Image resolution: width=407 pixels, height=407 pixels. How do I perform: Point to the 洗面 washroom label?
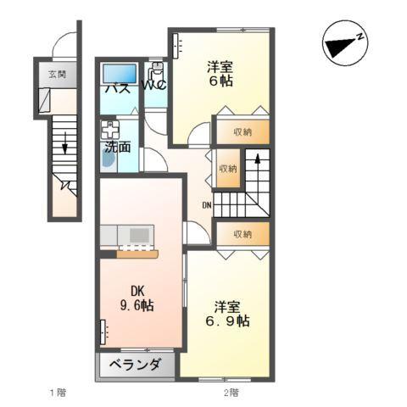click(117, 147)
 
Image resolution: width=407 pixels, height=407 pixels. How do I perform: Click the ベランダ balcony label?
click(135, 365)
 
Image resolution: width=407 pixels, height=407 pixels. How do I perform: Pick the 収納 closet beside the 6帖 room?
click(243, 131)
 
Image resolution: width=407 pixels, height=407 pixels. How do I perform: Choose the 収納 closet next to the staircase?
click(227, 168)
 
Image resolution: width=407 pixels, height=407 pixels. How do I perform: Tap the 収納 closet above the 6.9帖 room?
click(243, 233)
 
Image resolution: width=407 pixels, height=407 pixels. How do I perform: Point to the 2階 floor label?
click(231, 392)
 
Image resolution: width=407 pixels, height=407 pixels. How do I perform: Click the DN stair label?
click(206, 204)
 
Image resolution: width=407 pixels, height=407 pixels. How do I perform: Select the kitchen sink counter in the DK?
click(127, 234)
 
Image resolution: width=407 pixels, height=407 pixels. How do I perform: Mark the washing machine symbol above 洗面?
click(109, 130)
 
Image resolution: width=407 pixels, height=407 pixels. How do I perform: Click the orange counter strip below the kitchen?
click(137, 252)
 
